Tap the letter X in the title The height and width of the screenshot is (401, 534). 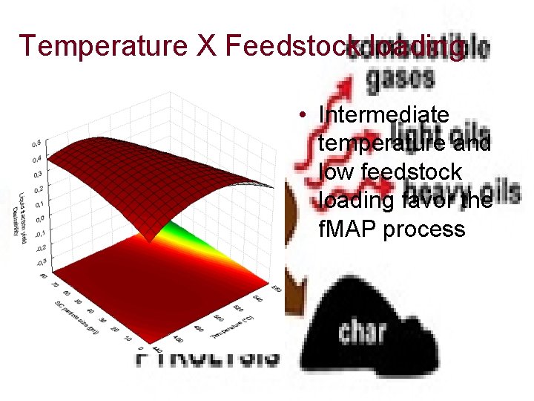click(204, 47)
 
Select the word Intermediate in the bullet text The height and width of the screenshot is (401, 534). click(383, 115)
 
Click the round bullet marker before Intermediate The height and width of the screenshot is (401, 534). click(304, 115)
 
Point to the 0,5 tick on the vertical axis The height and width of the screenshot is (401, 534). click(36, 143)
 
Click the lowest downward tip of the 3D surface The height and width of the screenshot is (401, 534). click(151, 239)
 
